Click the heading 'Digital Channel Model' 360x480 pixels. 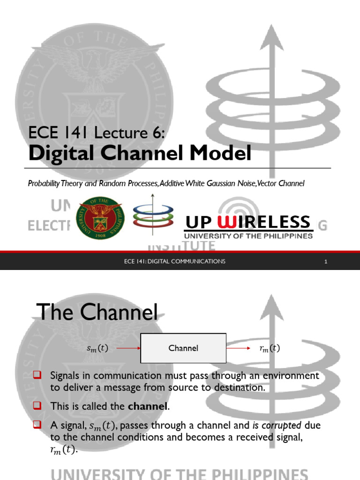click(140, 154)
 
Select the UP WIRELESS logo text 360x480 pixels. click(248, 222)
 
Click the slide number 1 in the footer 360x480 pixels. click(325, 261)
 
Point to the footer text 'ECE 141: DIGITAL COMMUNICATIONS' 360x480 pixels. click(172, 261)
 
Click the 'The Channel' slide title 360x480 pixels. click(97, 312)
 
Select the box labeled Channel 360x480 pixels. click(183, 348)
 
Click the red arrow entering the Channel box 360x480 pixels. click(128, 348)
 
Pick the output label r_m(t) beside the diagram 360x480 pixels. click(270, 348)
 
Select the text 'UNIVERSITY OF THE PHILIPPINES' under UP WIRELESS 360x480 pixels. click(248, 236)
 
